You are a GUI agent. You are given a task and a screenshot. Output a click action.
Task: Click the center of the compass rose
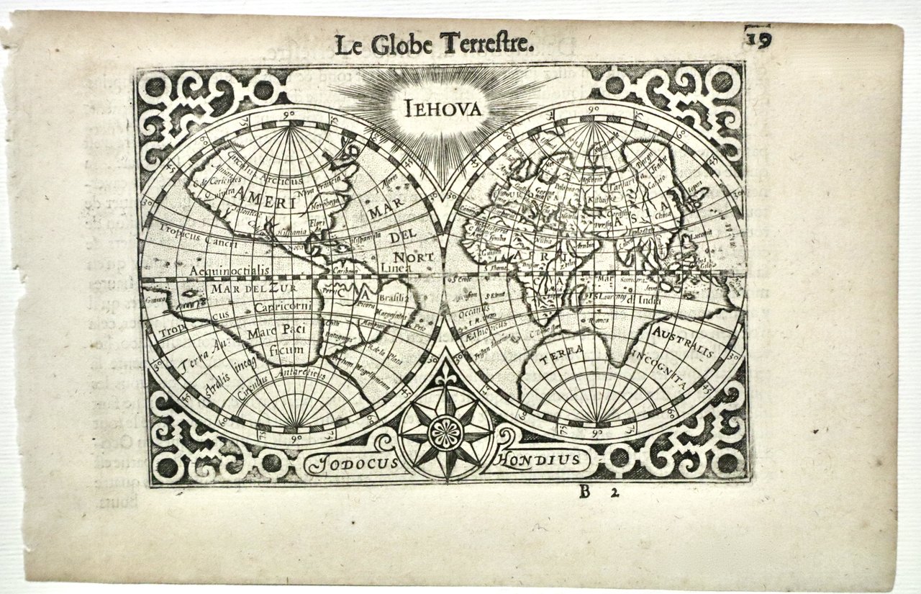pyautogui.click(x=446, y=432)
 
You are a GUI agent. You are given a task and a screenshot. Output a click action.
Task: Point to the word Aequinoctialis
pyautogui.click(x=229, y=269)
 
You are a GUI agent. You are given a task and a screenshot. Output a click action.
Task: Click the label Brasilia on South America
pyautogui.click(x=395, y=297)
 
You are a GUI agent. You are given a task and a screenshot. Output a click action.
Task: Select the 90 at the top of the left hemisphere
pyautogui.click(x=291, y=114)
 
